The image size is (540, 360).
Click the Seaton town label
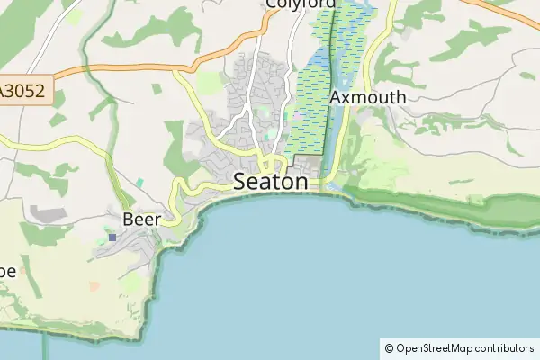270,180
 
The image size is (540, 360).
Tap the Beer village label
141,219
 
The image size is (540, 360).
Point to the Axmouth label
367,96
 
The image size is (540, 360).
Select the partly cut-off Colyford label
299,4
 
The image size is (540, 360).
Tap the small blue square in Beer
112,238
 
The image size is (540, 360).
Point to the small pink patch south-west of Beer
94,286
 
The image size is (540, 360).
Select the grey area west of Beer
47,214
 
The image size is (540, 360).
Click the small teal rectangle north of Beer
139,183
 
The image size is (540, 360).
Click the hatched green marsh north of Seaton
306,117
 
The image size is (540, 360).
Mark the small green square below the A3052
157,89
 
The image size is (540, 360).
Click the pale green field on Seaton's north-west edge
210,84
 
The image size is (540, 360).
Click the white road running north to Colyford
294,45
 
